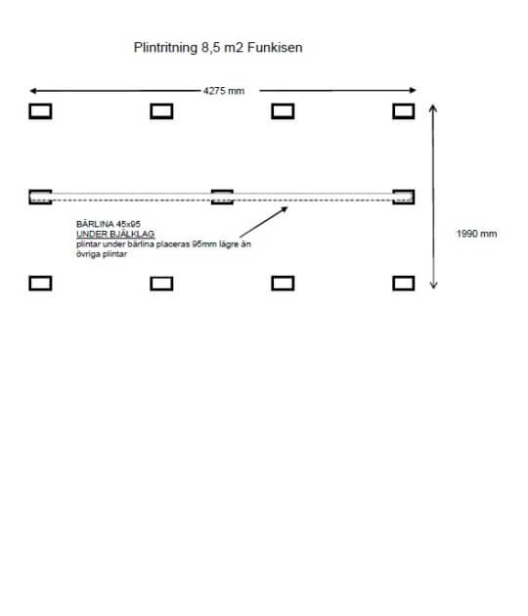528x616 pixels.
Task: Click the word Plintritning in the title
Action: pyautogui.click(x=165, y=48)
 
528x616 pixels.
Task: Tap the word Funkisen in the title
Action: pyautogui.click(x=275, y=48)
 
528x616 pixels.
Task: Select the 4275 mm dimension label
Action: pyautogui.click(x=224, y=91)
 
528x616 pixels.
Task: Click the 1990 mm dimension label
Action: pyautogui.click(x=476, y=234)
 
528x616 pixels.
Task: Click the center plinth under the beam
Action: pyautogui.click(x=222, y=191)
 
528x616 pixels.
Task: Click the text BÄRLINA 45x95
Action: pyautogui.click(x=109, y=224)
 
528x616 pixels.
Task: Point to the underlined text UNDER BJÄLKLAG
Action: pyautogui.click(x=115, y=234)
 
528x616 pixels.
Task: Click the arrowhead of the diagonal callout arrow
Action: pyautogui.click(x=285, y=209)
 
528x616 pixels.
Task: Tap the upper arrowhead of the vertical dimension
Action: pyautogui.click(x=433, y=108)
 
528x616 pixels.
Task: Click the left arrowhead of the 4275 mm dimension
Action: pyautogui.click(x=33, y=91)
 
